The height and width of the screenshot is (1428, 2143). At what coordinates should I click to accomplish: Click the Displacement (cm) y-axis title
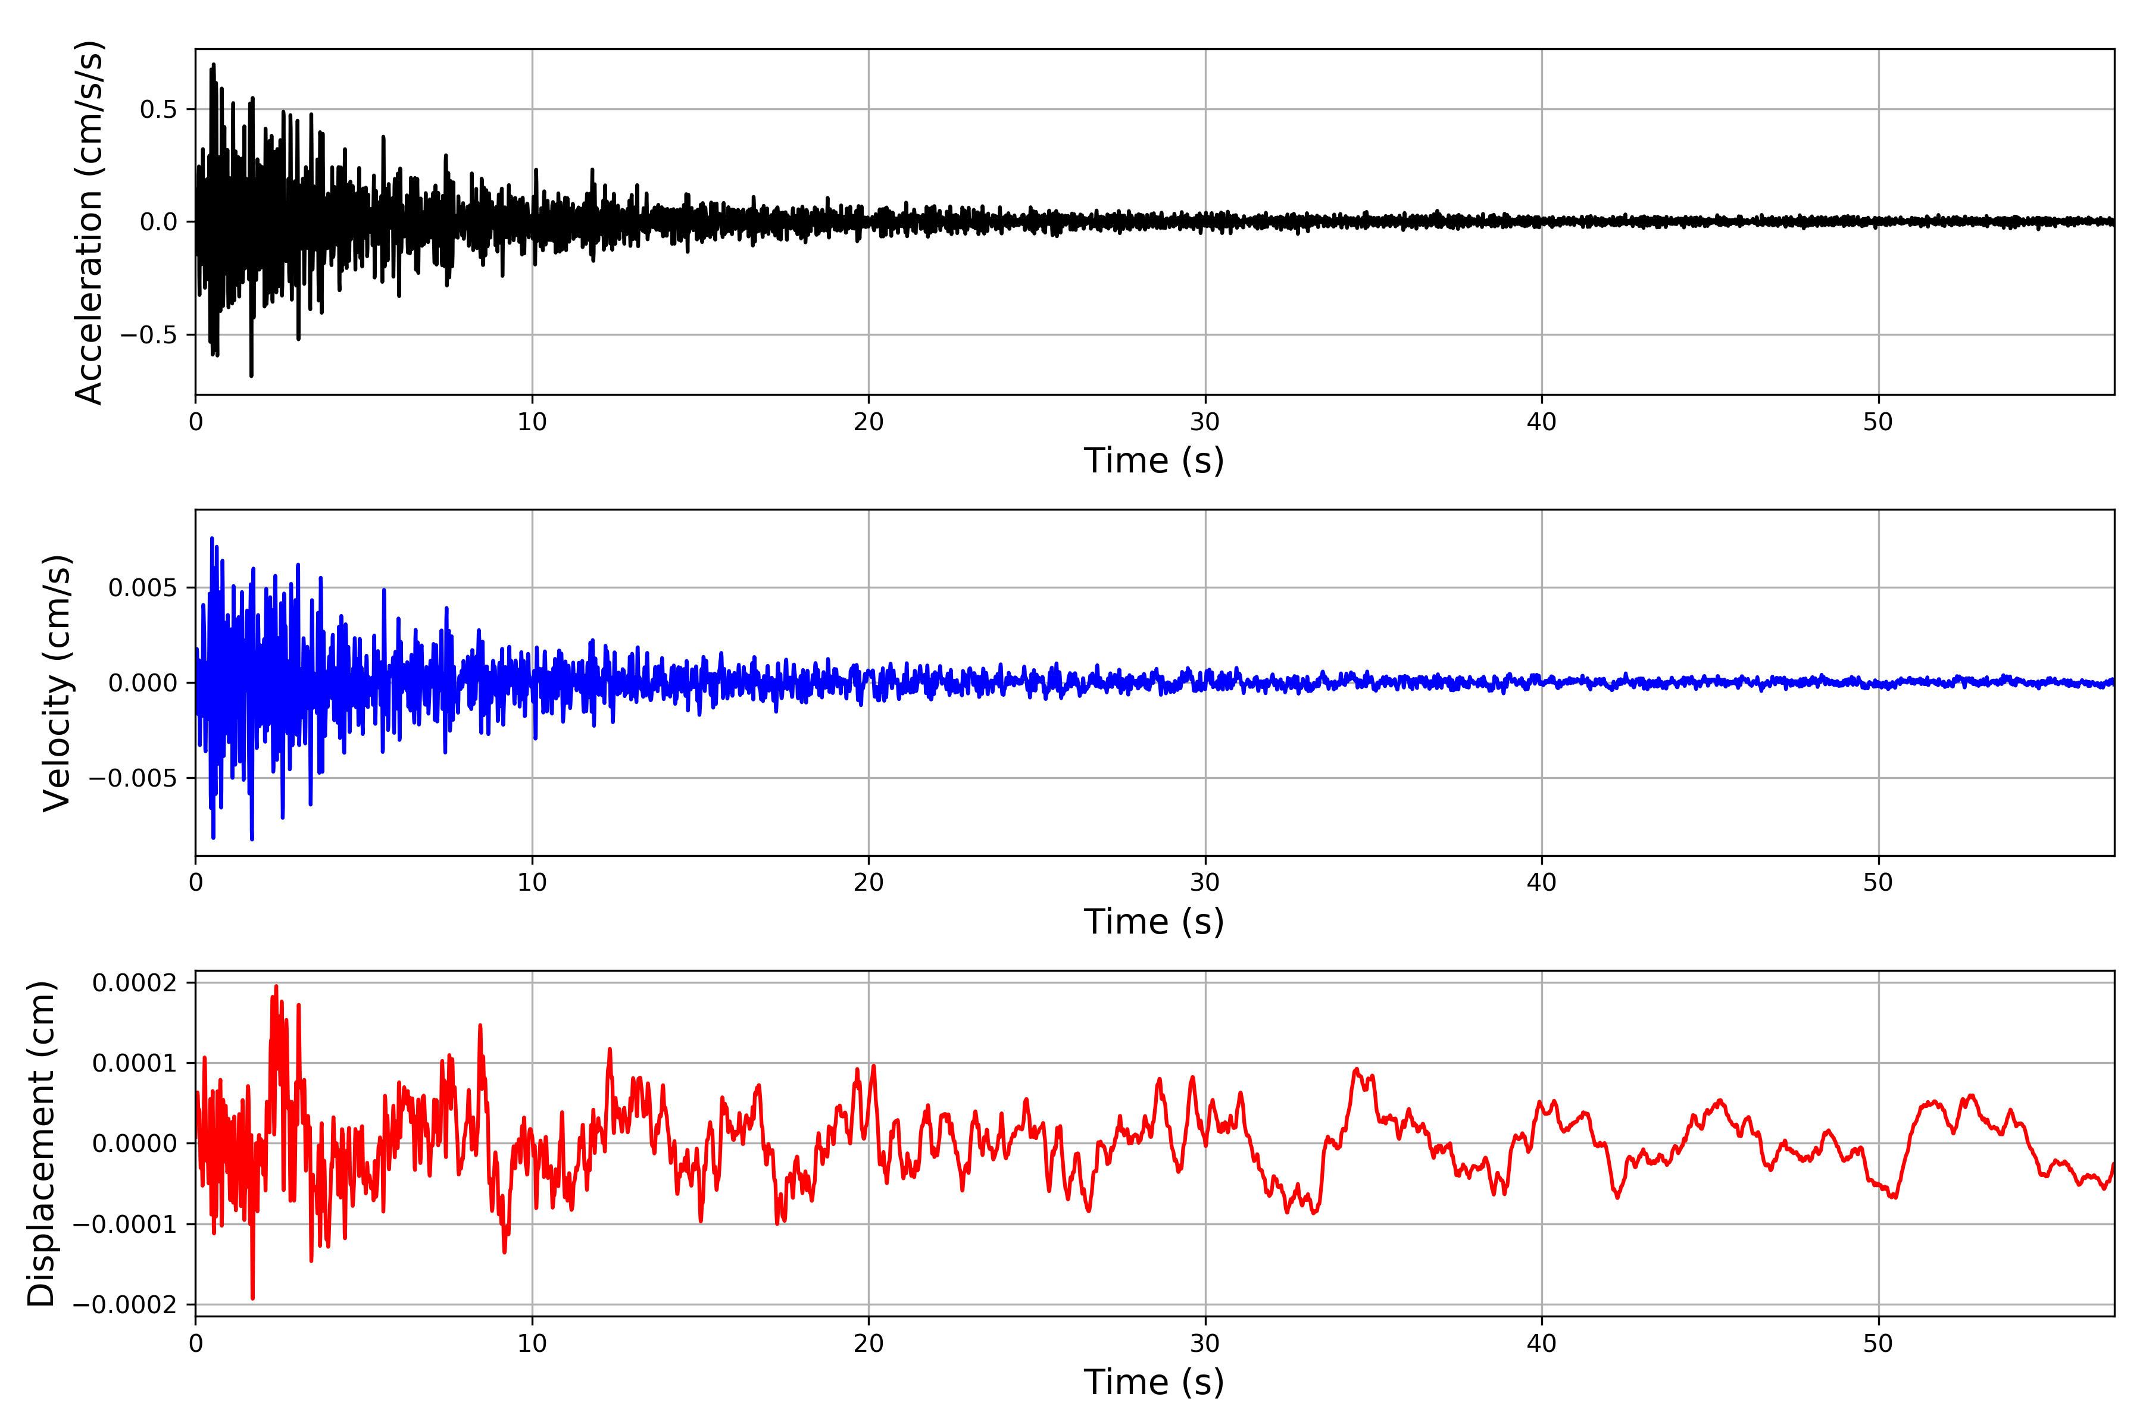point(41,1143)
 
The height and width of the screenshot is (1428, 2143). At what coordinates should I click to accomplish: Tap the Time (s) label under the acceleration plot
point(1154,461)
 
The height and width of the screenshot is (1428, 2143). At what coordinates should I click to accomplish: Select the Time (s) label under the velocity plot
point(1154,922)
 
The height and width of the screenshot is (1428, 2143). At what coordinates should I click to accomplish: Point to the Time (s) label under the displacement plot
point(1154,1382)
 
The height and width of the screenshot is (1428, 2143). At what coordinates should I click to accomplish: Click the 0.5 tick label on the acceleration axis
point(158,109)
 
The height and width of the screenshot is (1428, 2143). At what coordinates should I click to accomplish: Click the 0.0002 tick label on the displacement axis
point(135,983)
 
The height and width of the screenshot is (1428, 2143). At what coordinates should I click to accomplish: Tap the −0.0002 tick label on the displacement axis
point(126,1305)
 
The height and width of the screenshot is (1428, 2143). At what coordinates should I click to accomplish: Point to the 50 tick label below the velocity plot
point(1878,882)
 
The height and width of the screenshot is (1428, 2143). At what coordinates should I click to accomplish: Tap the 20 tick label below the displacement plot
point(869,1344)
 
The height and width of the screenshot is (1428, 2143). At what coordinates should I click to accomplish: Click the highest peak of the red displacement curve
point(276,987)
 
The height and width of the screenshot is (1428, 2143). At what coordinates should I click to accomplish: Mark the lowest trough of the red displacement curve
point(252,1298)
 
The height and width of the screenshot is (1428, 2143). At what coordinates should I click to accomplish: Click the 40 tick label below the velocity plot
point(1542,882)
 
